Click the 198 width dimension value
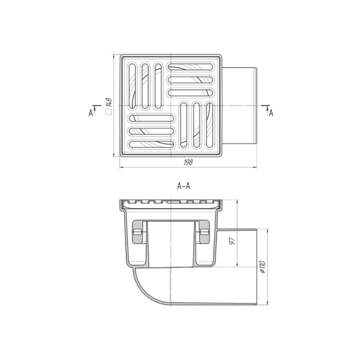coord(188,162)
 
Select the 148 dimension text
coord(109,103)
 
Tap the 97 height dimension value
coord(233,241)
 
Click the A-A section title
coord(184,186)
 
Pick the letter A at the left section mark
coord(91,113)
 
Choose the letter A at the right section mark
coord(271,113)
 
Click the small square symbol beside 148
coord(109,112)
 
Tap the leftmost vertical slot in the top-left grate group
coord(132,86)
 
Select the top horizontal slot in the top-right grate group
coord(191,67)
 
